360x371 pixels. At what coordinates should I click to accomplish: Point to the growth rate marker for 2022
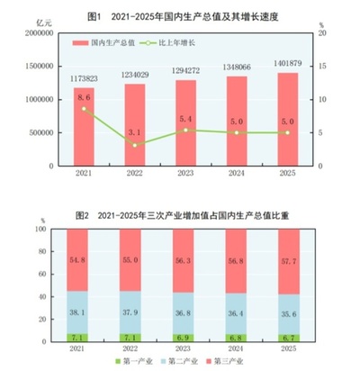tap(135, 145)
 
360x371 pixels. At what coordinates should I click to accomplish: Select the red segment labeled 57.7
tap(287, 261)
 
